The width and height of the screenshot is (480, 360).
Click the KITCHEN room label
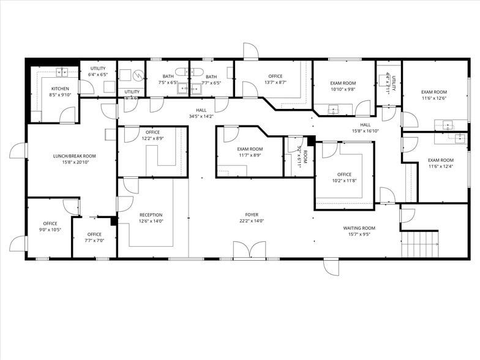(x=60, y=89)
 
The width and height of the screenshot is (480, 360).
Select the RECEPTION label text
(x=151, y=215)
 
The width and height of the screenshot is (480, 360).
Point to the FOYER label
(x=252, y=215)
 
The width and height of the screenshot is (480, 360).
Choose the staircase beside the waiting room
(x=419, y=244)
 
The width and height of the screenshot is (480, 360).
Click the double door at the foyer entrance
(x=250, y=250)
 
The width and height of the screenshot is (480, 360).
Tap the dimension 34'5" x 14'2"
(x=201, y=116)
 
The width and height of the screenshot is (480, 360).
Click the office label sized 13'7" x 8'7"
(x=276, y=77)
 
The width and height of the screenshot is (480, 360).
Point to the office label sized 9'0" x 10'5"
(x=50, y=223)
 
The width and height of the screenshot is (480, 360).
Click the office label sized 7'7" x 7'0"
(x=94, y=234)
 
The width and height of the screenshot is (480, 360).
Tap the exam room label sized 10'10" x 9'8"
(x=343, y=83)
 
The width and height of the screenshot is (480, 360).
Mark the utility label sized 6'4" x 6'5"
(x=98, y=69)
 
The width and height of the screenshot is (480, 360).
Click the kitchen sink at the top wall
(x=61, y=72)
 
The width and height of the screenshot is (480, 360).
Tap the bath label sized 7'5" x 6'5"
(x=168, y=77)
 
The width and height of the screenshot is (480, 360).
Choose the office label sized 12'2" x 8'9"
(x=152, y=132)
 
